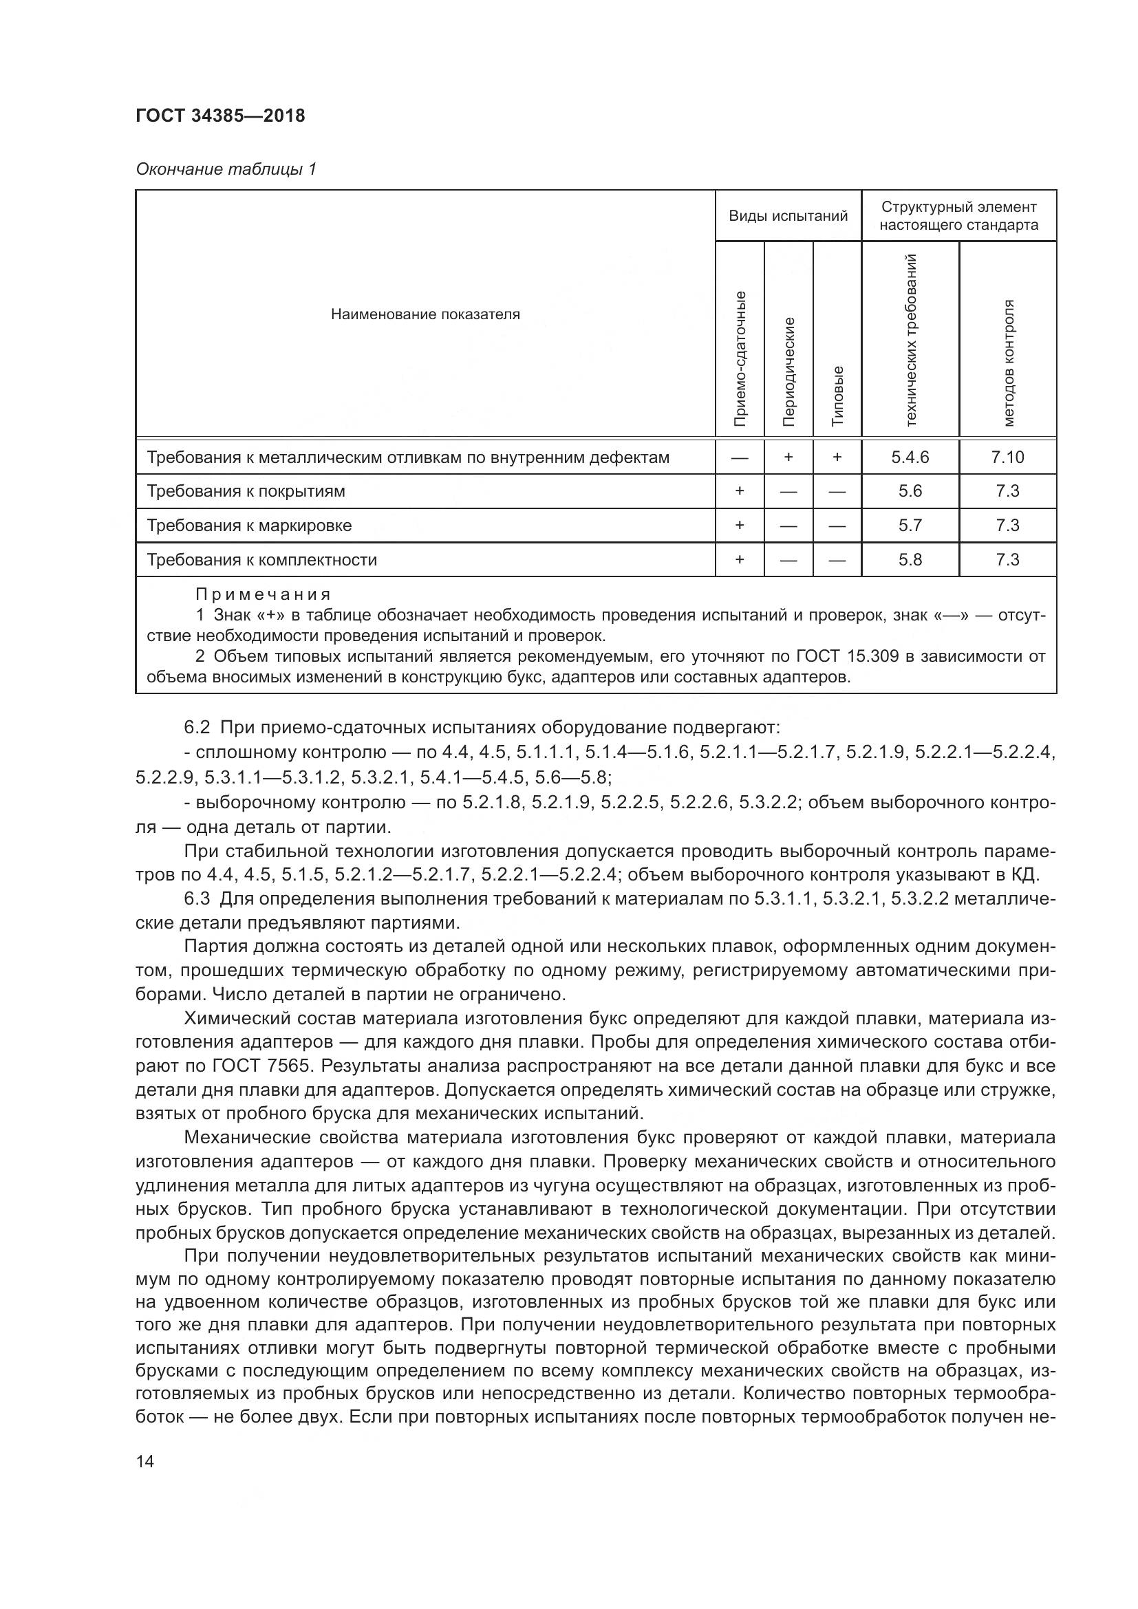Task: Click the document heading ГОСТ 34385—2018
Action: (x=220, y=116)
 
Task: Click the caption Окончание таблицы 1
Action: (x=226, y=169)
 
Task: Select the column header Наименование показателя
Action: (x=425, y=314)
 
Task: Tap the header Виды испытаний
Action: (x=788, y=216)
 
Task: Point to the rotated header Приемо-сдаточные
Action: (x=739, y=358)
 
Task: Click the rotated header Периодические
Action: (x=788, y=371)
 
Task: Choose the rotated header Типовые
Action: (x=837, y=396)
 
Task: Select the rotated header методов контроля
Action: (x=1008, y=363)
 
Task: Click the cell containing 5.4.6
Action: (x=910, y=457)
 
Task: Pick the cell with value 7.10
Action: (x=1007, y=457)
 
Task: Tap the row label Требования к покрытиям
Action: (x=246, y=491)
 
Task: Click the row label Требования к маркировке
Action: (x=249, y=526)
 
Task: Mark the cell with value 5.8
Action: (x=910, y=560)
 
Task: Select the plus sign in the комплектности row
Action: (x=739, y=560)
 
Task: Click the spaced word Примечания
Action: (x=262, y=595)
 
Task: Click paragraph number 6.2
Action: (x=196, y=727)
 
